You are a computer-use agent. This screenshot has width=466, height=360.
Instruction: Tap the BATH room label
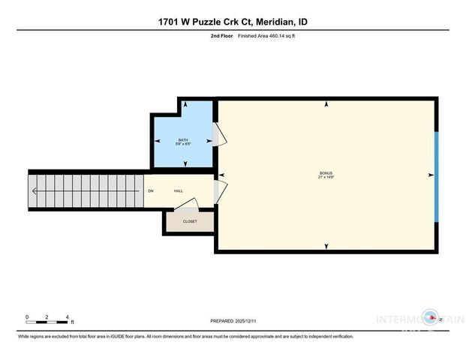183,139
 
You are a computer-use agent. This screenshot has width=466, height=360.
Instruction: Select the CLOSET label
190,221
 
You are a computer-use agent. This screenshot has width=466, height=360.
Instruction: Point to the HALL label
179,191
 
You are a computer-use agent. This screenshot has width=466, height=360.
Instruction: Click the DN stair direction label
151,191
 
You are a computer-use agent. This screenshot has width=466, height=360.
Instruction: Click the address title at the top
233,22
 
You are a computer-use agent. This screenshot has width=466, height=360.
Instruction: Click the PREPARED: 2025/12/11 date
233,320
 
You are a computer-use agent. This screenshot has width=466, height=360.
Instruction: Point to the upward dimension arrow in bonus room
325,105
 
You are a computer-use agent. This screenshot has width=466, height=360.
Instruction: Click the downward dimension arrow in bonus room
325,246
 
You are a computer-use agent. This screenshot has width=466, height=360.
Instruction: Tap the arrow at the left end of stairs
33,190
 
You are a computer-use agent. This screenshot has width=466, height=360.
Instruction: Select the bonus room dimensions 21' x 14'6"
324,178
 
